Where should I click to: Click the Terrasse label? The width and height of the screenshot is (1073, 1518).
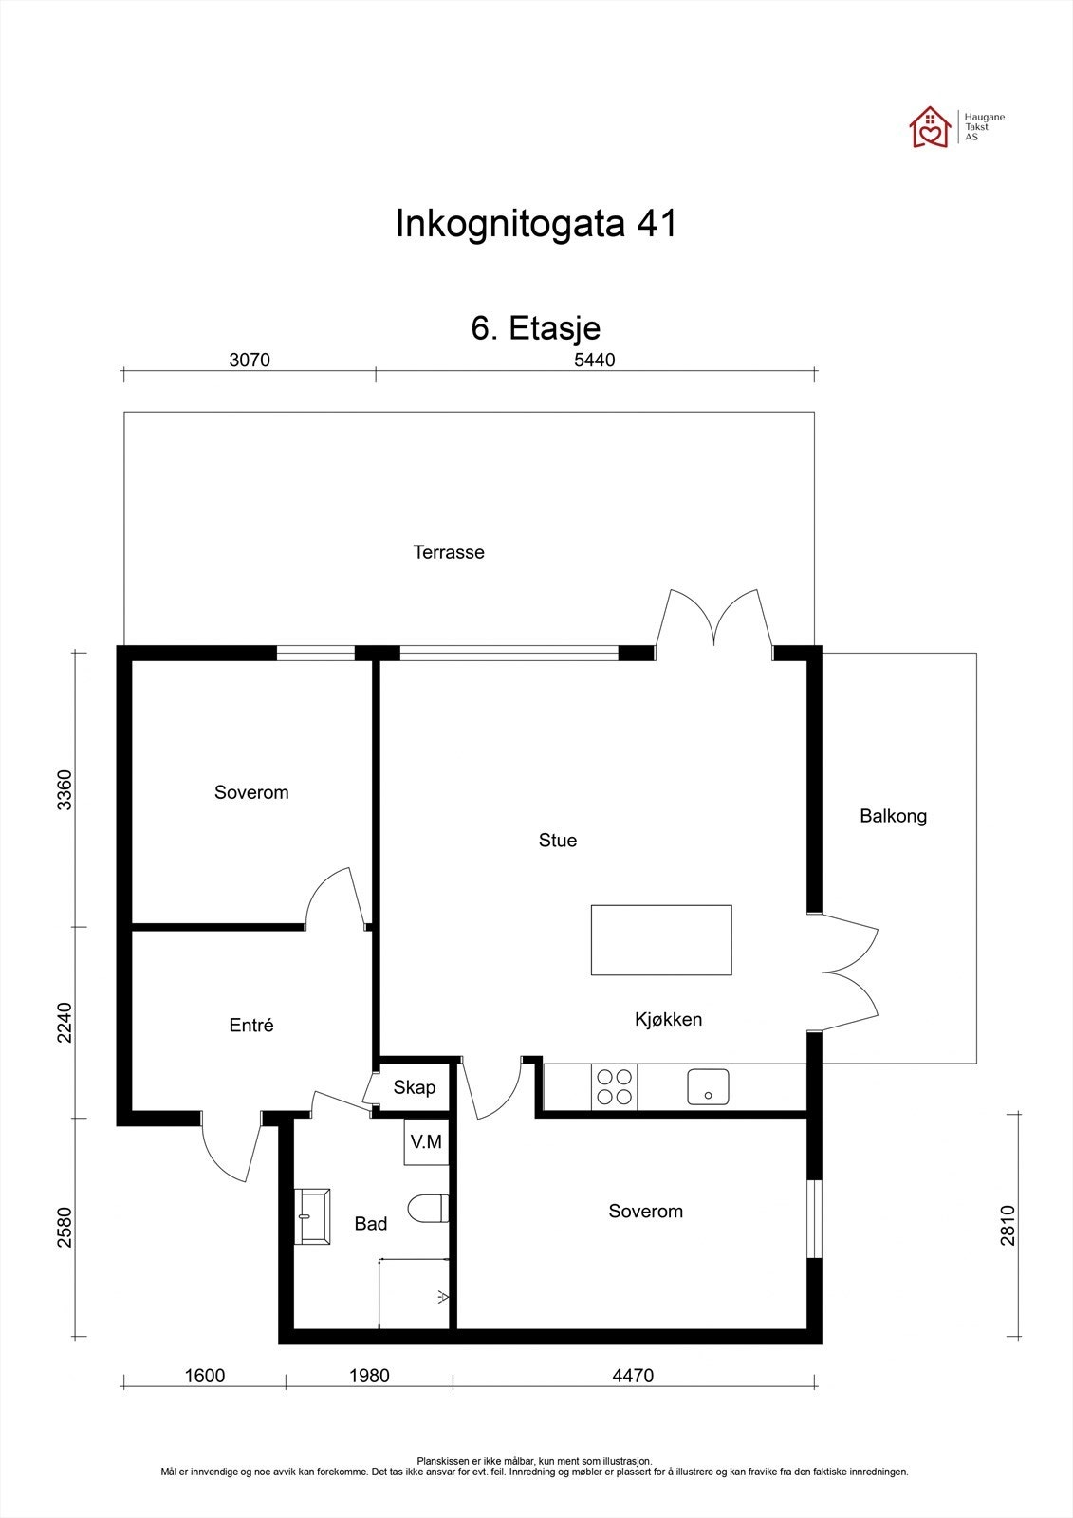pos(448,552)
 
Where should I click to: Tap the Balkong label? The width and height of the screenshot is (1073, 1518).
pos(893,816)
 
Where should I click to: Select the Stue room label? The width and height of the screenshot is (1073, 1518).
pos(557,841)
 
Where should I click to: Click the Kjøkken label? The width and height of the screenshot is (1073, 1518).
pos(668,1020)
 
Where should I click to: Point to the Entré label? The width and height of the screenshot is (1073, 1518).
pos(251,1026)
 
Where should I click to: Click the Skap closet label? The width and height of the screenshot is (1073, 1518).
pos(415,1087)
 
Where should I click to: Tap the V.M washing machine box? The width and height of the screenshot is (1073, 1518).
pos(425,1142)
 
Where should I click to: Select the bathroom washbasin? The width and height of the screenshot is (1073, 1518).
pos(311,1215)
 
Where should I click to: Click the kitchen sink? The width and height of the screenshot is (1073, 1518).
pos(708,1086)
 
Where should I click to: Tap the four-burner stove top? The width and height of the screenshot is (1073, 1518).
pos(614,1086)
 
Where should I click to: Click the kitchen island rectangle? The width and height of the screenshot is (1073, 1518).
pos(660,940)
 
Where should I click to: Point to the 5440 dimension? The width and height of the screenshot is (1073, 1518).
pos(595,361)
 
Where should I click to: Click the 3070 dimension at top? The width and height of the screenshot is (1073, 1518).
pos(250,361)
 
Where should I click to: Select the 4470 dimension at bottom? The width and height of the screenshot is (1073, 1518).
pos(633,1376)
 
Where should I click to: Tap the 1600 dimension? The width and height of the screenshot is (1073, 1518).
pos(204,1376)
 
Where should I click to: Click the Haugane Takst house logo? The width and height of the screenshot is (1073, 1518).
pos(930,127)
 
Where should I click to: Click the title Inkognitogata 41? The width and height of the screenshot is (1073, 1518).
pos(536,225)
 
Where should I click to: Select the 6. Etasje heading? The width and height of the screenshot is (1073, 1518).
pos(536,328)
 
